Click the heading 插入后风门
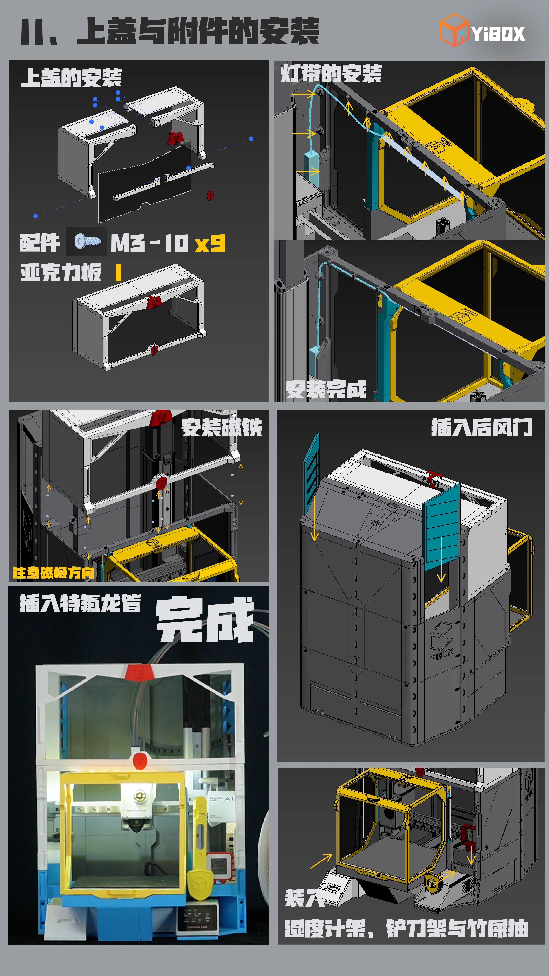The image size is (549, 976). (481, 427)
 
